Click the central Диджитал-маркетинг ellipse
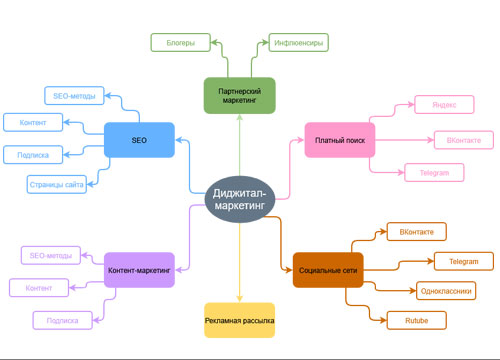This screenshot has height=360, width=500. click(240, 197)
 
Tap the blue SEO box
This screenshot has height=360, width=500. click(139, 140)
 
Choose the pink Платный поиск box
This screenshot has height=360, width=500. click(339, 140)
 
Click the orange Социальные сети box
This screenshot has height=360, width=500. click(328, 270)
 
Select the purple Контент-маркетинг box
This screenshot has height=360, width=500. click(139, 269)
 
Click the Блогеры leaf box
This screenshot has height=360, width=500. click(181, 42)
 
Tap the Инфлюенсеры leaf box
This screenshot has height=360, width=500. click(298, 42)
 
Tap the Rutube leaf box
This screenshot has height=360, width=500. click(415, 322)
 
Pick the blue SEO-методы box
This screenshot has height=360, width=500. click(74, 96)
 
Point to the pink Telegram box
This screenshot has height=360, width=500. click(434, 173)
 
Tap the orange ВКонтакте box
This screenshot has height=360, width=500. click(416, 232)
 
